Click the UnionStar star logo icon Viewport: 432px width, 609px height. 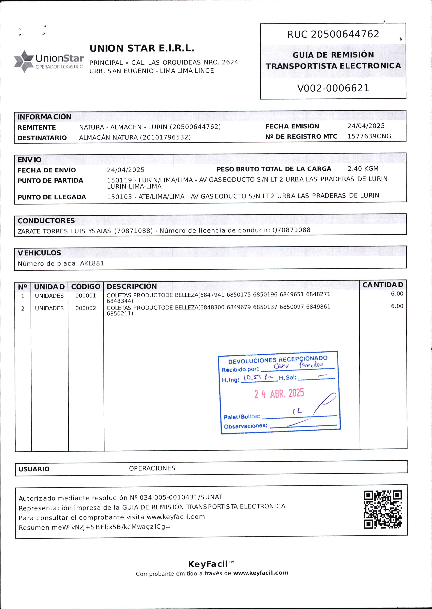tap(24, 61)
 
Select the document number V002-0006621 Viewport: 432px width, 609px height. tap(333, 88)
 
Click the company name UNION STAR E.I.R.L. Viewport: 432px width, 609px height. tap(142, 48)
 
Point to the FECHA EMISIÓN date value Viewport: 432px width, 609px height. tap(366, 126)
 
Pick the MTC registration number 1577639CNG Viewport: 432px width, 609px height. tap(369, 136)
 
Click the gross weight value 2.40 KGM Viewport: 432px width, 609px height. tap(363, 169)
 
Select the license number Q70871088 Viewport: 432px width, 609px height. tap(291, 230)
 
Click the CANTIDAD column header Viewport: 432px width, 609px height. tap(383, 285)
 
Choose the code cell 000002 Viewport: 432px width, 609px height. tap(86, 308)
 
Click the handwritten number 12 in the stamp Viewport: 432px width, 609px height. tap(298, 411)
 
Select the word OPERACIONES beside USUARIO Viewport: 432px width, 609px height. tap(152, 468)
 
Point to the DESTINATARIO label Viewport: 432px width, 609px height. tap(42, 138)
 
